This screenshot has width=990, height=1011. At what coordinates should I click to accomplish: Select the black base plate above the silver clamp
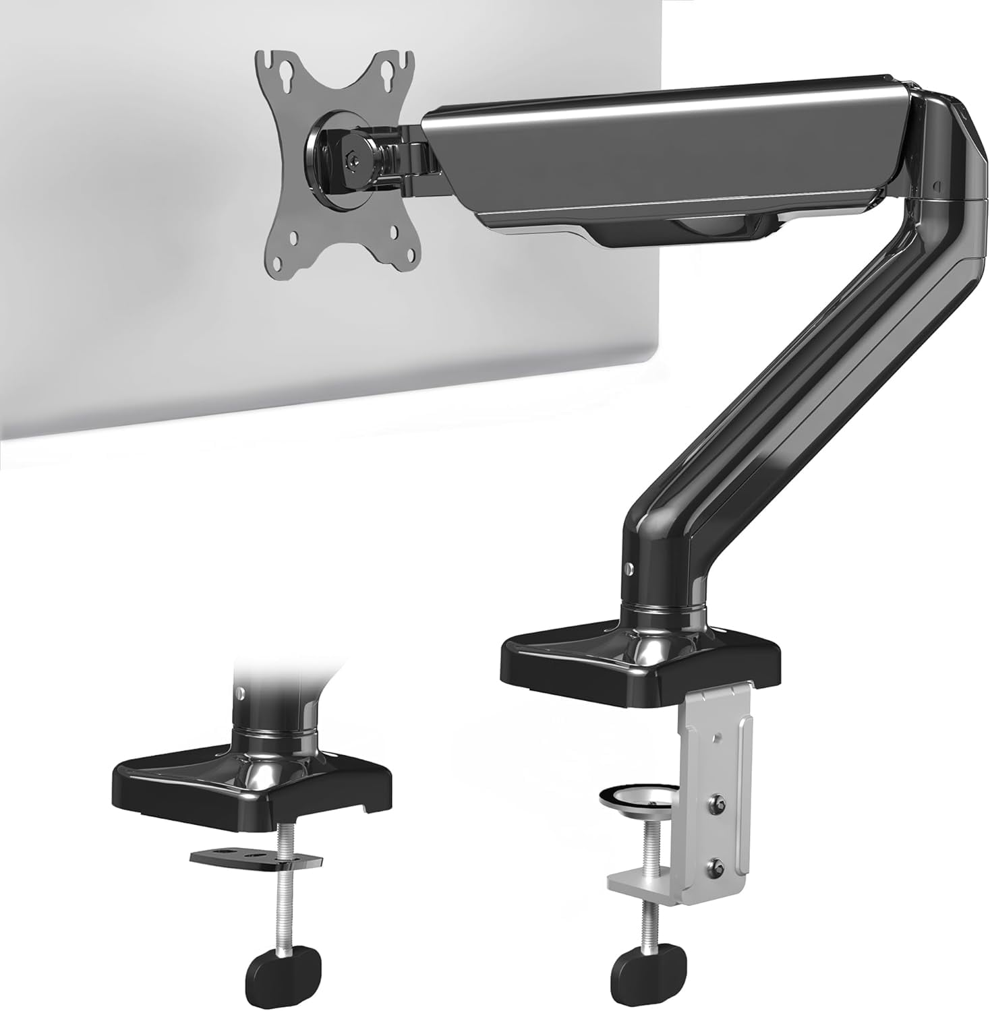pyautogui.click(x=641, y=664)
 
